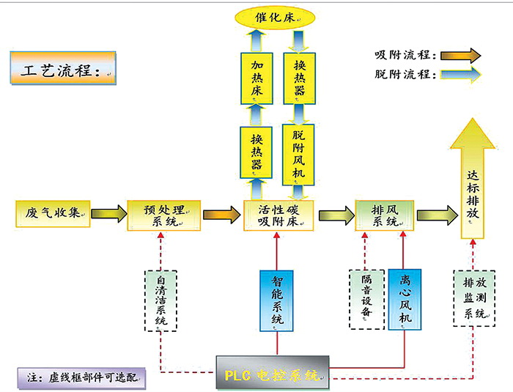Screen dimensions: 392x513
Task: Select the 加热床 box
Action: pos(256,75)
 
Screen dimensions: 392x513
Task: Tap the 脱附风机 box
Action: pos(298,152)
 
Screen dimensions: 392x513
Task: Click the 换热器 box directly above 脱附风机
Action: pos(298,75)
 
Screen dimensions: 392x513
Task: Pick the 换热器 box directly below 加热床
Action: pos(256,152)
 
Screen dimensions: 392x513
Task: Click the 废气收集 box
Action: pos(51,213)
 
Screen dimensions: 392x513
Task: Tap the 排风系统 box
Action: pos(383,215)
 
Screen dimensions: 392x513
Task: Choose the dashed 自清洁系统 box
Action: pos(160,300)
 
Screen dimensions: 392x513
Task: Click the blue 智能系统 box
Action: pos(277,300)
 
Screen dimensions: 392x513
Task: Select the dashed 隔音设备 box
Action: pos(364,300)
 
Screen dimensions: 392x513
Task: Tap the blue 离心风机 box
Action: pos(405,300)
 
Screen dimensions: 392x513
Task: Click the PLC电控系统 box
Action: pos(273,373)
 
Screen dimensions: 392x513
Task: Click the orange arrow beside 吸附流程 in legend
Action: pos(460,55)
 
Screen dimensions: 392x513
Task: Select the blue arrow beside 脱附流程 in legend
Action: pos(460,74)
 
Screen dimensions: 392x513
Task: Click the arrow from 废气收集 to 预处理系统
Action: pos(108,215)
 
